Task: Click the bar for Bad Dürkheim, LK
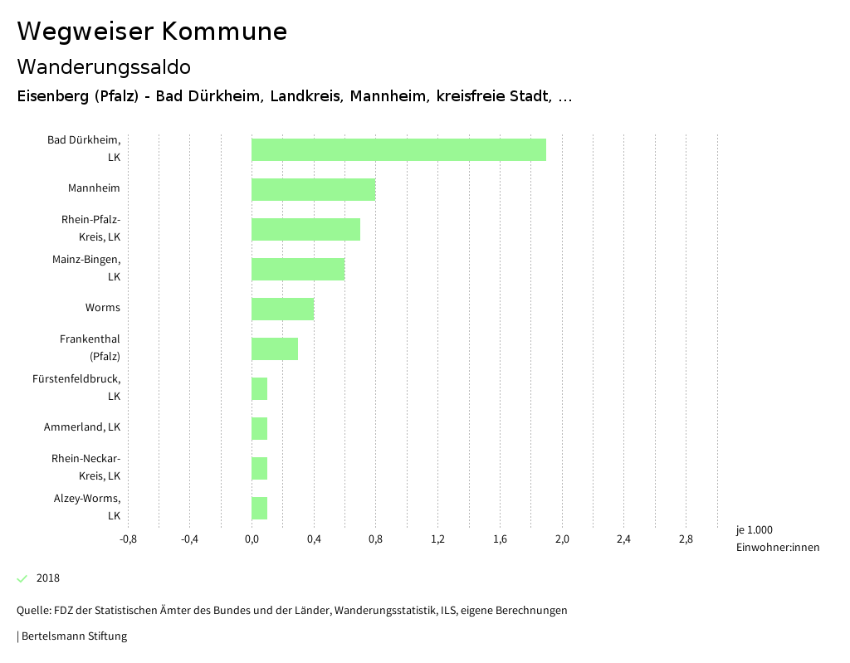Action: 398,149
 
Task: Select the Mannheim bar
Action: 313,189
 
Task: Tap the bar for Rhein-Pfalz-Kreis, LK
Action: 305,229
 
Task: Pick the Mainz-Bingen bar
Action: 298,269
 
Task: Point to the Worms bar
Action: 282,309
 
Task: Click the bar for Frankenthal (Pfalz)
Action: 275,349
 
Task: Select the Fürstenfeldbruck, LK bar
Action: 260,388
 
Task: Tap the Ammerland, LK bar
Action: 260,428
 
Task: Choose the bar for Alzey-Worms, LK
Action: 260,508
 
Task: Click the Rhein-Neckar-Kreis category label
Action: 86,467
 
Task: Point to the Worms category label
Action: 102,308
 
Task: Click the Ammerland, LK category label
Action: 82,427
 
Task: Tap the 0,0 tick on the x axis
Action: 252,539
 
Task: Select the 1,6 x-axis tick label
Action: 500,539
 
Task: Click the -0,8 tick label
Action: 128,539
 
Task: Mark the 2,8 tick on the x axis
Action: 686,539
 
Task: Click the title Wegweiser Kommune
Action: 152,32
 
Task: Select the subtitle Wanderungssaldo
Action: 104,66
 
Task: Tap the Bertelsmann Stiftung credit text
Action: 73,636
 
